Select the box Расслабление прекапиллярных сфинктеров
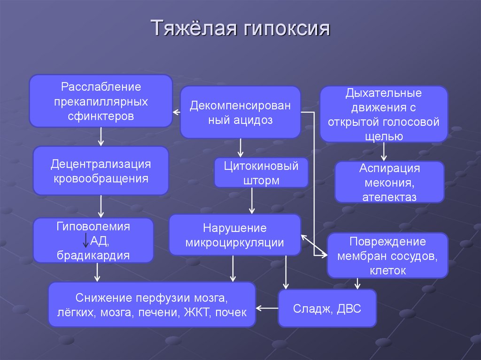[x=101, y=101]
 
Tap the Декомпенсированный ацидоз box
[x=240, y=112]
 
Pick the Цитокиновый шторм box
[x=261, y=173]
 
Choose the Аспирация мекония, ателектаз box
[x=389, y=182]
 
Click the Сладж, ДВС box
[x=327, y=308]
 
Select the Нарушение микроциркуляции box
[x=234, y=235]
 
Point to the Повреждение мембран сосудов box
[x=388, y=256]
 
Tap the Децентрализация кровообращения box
[x=101, y=171]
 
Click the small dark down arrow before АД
[x=85, y=240]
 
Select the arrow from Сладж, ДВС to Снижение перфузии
[x=267, y=308]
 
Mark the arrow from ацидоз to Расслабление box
[x=177, y=112]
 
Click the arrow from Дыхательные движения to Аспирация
[x=384, y=151]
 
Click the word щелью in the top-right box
[x=383, y=136]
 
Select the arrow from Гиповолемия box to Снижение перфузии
[x=97, y=272]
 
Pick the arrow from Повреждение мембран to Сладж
[x=358, y=283]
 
